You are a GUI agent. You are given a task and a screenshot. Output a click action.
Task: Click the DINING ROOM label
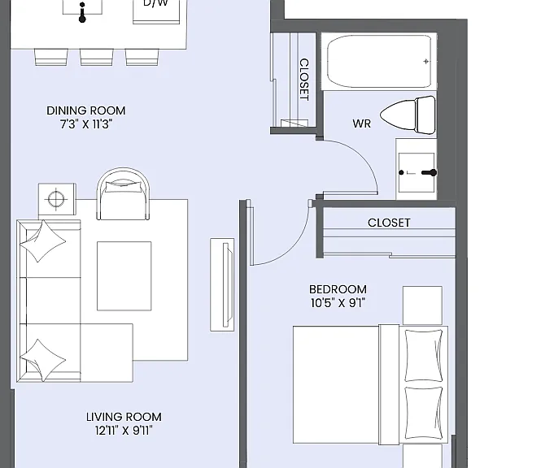(x=86, y=110)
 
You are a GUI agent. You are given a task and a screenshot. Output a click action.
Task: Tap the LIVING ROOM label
(x=124, y=417)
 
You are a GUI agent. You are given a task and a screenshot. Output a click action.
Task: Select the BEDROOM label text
(x=338, y=289)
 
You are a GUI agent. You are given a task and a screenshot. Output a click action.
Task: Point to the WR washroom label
(x=361, y=123)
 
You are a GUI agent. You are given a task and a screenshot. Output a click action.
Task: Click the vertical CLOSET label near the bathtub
(x=304, y=80)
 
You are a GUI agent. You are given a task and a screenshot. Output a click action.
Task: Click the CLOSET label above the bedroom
(x=389, y=223)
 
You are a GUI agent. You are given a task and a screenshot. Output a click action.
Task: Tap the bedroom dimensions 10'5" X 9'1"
(x=338, y=303)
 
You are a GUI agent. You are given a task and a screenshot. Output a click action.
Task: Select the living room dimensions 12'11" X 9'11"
(x=124, y=431)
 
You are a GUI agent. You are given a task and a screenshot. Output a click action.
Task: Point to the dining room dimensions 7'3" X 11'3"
(x=86, y=124)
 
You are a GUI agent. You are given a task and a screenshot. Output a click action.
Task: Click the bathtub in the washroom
(x=379, y=61)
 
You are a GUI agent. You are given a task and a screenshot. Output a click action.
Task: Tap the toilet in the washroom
(x=408, y=115)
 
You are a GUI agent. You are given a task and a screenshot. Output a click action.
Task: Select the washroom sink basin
(x=417, y=172)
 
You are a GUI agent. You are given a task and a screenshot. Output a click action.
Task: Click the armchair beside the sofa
(x=123, y=194)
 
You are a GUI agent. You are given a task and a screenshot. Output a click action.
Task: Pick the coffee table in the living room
(x=124, y=276)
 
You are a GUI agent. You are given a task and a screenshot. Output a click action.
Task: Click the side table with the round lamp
(x=57, y=199)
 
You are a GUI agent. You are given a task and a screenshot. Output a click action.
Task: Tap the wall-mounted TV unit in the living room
(x=222, y=284)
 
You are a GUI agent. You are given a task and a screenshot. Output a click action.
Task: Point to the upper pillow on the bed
(x=423, y=355)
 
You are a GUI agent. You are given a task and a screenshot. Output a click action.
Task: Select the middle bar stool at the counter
(x=97, y=57)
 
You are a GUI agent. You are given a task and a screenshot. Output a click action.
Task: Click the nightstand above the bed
(x=422, y=305)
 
